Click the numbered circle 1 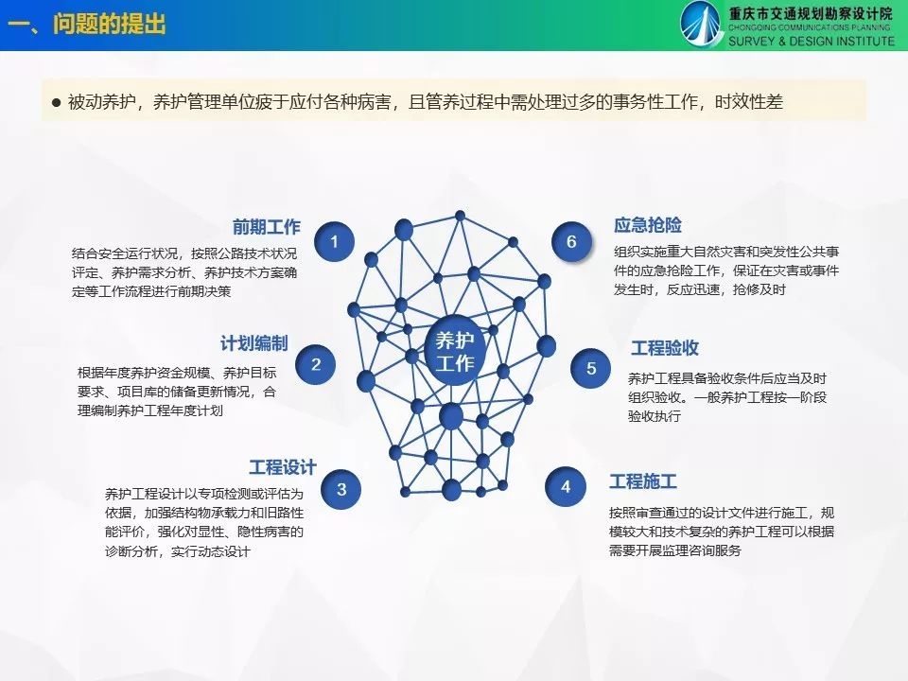tap(334, 241)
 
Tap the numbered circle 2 tap(316, 364)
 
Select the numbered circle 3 tap(341, 489)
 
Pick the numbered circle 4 tap(566, 486)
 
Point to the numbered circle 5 tap(590, 368)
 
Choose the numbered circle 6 tap(571, 241)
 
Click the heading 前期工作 tap(267, 226)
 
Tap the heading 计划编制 tap(253, 343)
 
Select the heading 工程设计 tap(283, 466)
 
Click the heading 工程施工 tap(643, 481)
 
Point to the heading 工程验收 tap(665, 347)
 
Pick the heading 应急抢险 tap(648, 225)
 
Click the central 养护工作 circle tap(455, 351)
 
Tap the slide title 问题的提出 tap(110, 25)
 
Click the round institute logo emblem tap(701, 24)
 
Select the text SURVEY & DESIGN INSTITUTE tap(812, 41)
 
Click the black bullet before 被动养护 tap(56, 103)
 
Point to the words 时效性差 tap(749, 102)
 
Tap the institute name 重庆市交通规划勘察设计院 tap(811, 13)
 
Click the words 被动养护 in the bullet tap(102, 102)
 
